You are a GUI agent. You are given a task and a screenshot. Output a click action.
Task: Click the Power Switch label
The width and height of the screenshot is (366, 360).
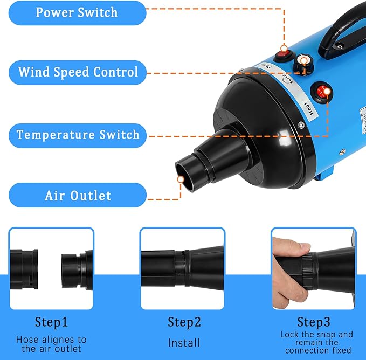(77, 12)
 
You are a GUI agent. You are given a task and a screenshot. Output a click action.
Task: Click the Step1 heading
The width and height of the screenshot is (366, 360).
(51, 322)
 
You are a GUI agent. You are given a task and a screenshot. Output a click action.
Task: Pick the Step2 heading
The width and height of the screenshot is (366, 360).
(184, 322)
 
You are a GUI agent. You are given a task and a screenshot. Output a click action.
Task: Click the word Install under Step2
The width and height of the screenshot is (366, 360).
(184, 342)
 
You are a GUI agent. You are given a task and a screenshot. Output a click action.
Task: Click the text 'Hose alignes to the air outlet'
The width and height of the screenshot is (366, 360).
(51, 344)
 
